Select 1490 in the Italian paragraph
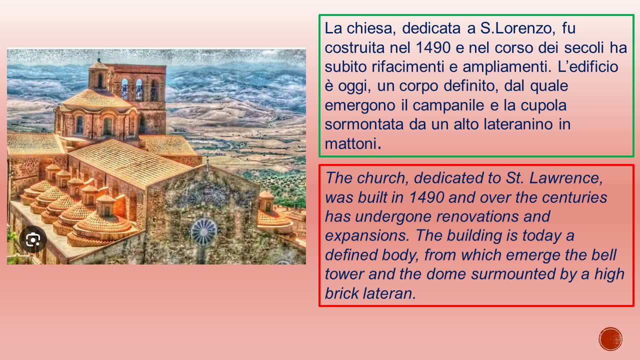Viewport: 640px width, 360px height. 433,47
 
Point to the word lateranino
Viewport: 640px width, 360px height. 518,124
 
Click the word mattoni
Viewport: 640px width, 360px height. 353,143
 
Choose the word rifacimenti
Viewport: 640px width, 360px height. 407,66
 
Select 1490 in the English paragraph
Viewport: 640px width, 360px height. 426,197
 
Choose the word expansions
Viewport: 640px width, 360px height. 367,236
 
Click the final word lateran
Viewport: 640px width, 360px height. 389,293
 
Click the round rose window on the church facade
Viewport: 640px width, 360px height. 203,231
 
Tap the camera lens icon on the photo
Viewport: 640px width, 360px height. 33,239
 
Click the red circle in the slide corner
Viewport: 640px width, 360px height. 610,339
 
